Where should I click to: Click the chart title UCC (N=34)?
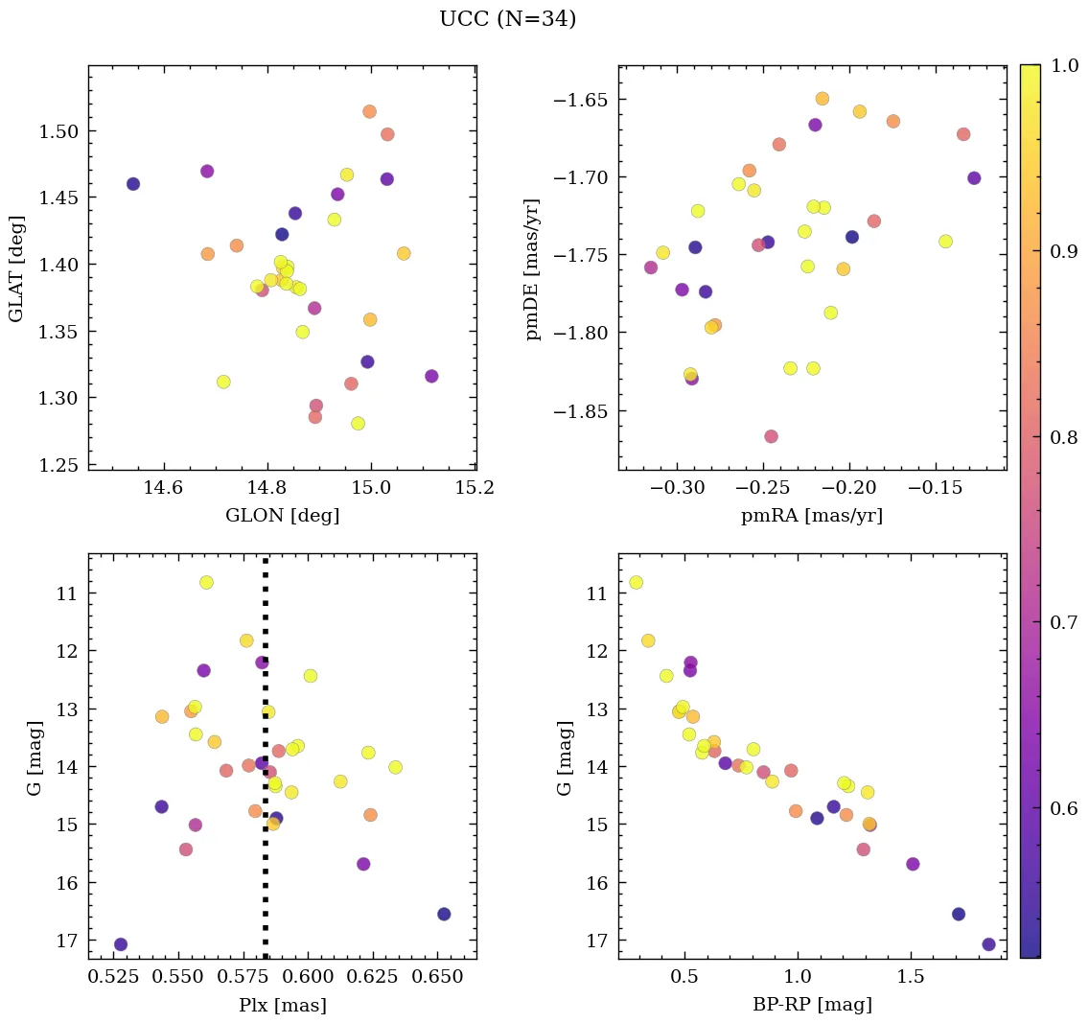coord(507,19)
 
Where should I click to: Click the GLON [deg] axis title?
coord(282,516)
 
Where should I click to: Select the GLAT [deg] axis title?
coord(15,267)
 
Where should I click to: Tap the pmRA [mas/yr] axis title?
coord(812,516)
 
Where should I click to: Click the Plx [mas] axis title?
coord(282,1006)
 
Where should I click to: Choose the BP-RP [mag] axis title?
coord(812,1006)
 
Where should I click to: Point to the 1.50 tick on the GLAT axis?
coord(56,131)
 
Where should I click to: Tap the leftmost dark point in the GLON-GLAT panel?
coord(133,184)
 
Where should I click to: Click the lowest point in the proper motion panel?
coord(771,436)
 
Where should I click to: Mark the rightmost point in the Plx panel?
coord(444,914)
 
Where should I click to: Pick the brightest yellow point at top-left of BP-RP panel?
coord(636,582)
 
